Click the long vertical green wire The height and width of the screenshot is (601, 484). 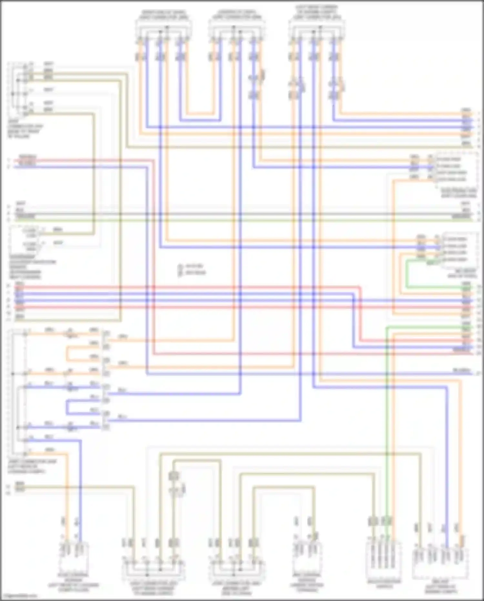coord(387,420)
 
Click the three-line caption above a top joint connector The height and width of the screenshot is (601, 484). coord(317,12)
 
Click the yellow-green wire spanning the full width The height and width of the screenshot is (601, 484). coord(242,220)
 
